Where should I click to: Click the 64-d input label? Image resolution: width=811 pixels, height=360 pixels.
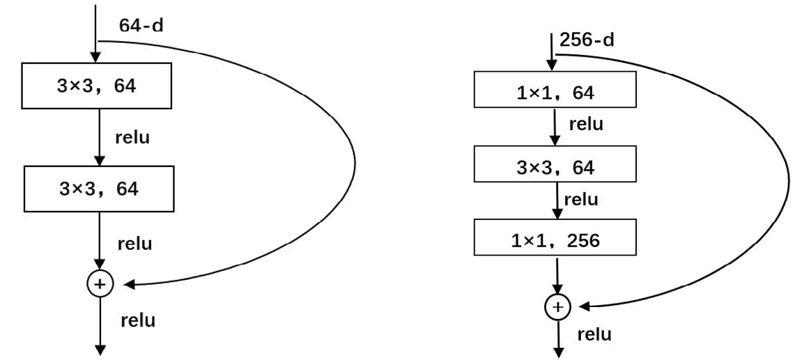click(141, 25)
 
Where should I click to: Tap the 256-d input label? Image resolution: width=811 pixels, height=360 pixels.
click(587, 40)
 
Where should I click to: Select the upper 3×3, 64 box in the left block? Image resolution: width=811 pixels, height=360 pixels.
click(96, 86)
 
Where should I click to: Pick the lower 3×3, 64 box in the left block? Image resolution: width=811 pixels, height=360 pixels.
click(99, 189)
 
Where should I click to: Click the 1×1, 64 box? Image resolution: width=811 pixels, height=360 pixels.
click(555, 89)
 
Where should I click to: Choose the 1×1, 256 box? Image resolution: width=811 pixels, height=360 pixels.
click(555, 237)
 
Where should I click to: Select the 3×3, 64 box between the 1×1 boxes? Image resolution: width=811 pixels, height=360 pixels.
click(555, 164)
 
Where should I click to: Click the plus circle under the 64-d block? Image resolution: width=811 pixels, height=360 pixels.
click(100, 284)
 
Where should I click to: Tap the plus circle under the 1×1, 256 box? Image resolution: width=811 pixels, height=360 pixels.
click(557, 307)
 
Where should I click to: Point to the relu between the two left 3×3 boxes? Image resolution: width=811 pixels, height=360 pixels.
click(133, 138)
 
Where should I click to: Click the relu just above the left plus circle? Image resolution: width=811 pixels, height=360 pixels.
click(135, 243)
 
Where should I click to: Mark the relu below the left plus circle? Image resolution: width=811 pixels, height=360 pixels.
click(138, 320)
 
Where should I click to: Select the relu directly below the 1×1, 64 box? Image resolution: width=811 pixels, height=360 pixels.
click(586, 124)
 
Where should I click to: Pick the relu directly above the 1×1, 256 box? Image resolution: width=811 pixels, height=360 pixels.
click(581, 200)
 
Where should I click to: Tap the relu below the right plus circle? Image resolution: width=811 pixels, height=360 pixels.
click(594, 334)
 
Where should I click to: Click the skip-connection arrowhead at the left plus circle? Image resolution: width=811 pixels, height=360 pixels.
click(130, 284)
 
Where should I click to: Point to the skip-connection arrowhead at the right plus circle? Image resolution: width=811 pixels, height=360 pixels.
click(585, 306)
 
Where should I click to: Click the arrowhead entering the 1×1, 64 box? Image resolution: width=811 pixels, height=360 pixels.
click(552, 65)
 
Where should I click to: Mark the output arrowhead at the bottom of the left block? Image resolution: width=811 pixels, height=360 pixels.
click(100, 350)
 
